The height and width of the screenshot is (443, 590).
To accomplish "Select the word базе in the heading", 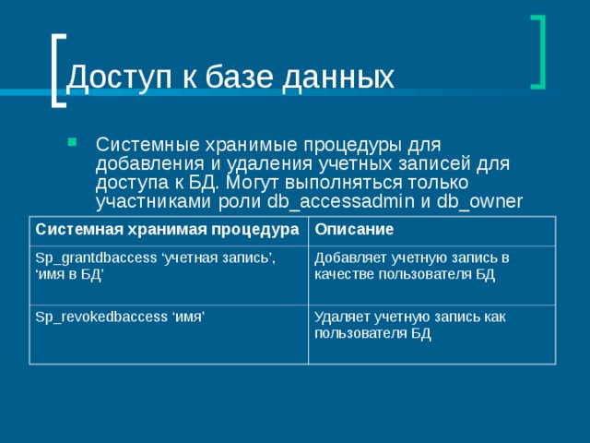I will [241, 78].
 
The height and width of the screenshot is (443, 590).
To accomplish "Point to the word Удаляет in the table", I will [340, 317].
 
